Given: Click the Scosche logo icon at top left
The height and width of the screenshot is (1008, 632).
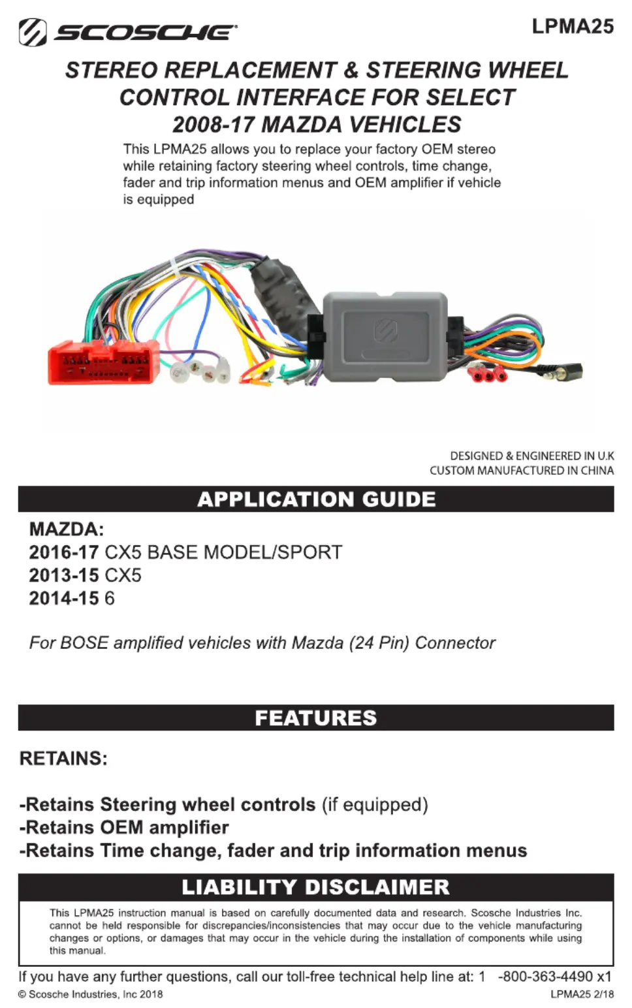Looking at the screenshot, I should pyautogui.click(x=32, y=32).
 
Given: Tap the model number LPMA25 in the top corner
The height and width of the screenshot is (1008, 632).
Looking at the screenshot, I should pyautogui.click(x=573, y=26).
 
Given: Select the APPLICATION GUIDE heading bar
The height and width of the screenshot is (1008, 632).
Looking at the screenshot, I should pyautogui.click(x=316, y=499).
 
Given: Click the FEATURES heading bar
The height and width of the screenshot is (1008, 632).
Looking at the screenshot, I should pyautogui.click(x=316, y=718).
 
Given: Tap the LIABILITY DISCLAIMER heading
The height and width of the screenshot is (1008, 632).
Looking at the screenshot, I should pyautogui.click(x=316, y=887).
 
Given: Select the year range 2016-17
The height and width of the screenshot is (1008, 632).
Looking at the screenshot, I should pyautogui.click(x=63, y=552).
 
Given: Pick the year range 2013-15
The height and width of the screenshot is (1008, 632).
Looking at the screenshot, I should pyautogui.click(x=63, y=575).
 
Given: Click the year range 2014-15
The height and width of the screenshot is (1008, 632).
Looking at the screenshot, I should pyautogui.click(x=63, y=598).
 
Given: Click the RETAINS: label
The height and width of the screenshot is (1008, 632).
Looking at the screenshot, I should pyautogui.click(x=63, y=759).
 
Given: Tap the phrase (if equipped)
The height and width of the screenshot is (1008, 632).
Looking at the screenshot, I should pyautogui.click(x=375, y=804).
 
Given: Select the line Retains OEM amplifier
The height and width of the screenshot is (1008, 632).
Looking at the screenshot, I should pyautogui.click(x=124, y=828).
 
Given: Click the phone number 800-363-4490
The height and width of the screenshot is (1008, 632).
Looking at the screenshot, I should pyautogui.click(x=545, y=977).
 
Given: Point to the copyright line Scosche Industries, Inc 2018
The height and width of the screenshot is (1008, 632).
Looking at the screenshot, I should pyautogui.click(x=91, y=994).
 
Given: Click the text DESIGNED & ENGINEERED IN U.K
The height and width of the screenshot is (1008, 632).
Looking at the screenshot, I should pyautogui.click(x=531, y=456).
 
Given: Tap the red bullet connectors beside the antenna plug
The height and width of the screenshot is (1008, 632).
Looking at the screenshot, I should pyautogui.click(x=488, y=374).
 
